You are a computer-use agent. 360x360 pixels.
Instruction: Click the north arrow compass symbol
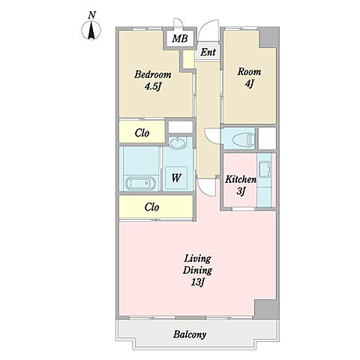tap(91, 30)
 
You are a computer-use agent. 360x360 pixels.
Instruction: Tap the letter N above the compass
tap(91, 15)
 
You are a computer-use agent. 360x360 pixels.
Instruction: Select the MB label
tap(180, 39)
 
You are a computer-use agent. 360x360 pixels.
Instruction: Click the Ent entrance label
tap(208, 52)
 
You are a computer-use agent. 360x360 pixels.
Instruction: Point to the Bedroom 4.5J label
tap(153, 80)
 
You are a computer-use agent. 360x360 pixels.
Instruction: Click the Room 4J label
tap(249, 77)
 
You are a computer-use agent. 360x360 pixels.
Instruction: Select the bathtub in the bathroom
tap(140, 184)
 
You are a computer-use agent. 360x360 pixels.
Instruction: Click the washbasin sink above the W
tap(177, 143)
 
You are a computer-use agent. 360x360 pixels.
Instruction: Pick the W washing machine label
tap(176, 178)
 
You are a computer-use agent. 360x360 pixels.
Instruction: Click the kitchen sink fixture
tap(265, 169)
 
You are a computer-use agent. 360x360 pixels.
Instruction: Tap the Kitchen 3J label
tap(241, 185)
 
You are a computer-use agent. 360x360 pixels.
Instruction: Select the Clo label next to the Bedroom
tap(142, 133)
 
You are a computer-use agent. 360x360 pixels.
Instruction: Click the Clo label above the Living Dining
tap(151, 207)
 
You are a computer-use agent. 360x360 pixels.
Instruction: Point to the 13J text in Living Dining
tap(198, 283)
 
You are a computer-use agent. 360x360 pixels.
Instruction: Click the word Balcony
tap(190, 334)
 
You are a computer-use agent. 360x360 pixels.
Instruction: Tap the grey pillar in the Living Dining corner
tap(266, 309)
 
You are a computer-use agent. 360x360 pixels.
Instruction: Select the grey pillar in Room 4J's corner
tap(269, 37)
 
